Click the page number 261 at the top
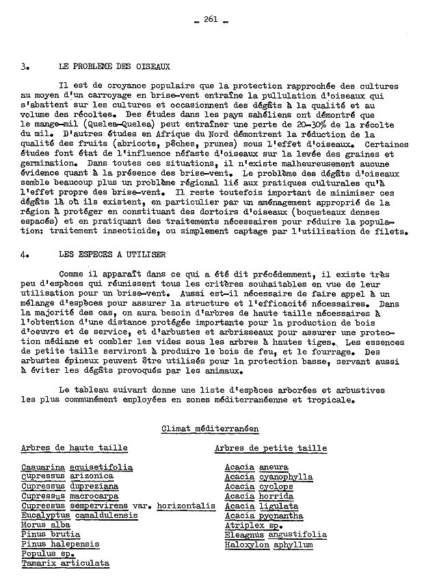(x=210, y=19)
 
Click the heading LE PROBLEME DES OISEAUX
(x=114, y=67)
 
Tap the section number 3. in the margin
(x=25, y=67)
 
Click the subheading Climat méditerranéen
(x=210, y=429)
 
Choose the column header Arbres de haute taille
(x=74, y=448)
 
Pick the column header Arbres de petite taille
(x=271, y=448)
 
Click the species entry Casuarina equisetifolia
(x=77, y=467)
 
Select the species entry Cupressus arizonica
(x=67, y=477)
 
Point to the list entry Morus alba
(x=46, y=525)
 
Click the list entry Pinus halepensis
(x=60, y=545)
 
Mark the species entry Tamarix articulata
(x=65, y=564)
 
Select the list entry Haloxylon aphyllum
(x=268, y=545)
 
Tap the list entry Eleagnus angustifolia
(x=276, y=535)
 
